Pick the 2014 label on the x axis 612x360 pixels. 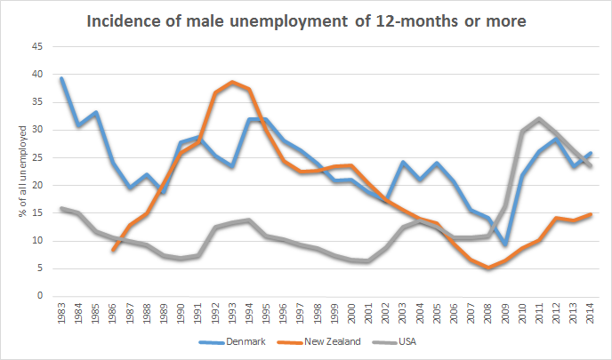coord(588,315)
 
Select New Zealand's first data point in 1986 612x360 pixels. coord(113,251)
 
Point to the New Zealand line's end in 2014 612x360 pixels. coord(588,214)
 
